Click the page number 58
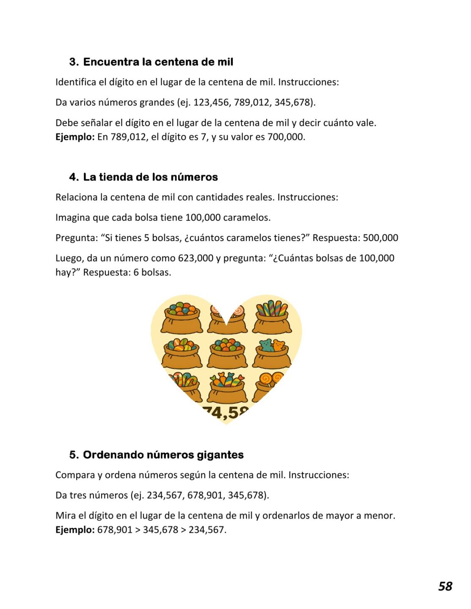tap(445, 586)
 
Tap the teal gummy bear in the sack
tap(266, 345)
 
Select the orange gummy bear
tap(278, 345)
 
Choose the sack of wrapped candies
tap(227, 387)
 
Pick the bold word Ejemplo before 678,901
tap(74, 530)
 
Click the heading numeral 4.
tap(73, 177)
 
